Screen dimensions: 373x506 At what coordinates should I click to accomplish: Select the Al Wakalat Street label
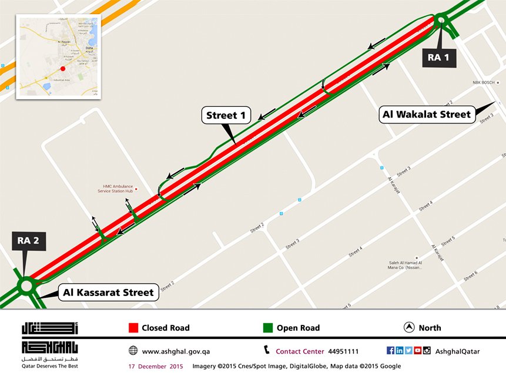tap(427, 115)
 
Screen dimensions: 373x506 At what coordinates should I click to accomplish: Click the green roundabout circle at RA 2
tap(26, 285)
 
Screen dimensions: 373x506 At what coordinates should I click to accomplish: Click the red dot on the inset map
tap(62, 69)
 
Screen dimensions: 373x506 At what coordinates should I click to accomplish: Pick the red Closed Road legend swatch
tap(133, 328)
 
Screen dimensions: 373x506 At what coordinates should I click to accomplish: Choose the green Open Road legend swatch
tap(267, 328)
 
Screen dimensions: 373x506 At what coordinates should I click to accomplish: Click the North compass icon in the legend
tap(408, 328)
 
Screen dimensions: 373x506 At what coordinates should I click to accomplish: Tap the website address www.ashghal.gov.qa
tap(176, 351)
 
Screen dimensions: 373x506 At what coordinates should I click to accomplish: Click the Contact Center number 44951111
tap(343, 351)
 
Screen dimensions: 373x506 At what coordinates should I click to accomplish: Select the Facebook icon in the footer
tap(390, 351)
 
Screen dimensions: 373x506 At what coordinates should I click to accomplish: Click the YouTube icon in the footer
tap(417, 351)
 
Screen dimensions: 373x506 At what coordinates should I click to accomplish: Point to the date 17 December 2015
tap(156, 366)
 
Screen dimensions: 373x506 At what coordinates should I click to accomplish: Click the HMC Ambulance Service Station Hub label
tap(115, 189)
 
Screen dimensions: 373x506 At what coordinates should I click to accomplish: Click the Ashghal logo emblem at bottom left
tap(49, 338)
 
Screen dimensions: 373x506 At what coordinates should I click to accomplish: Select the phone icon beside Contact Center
tap(266, 351)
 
